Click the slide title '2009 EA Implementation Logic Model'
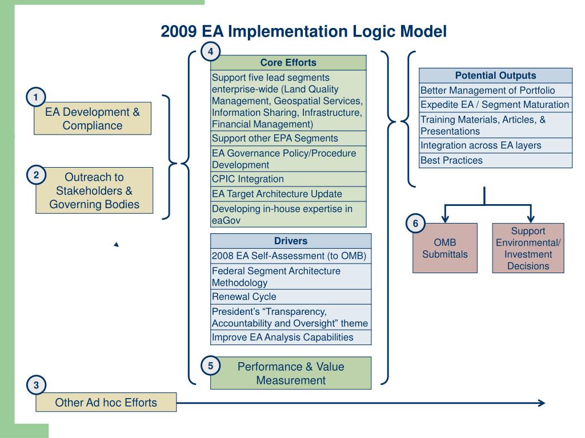303,31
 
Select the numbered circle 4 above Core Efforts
211,52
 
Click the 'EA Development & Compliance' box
93,119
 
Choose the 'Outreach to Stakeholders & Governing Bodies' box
94,190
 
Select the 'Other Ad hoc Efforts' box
106,403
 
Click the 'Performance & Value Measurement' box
291,373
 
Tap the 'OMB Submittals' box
445,249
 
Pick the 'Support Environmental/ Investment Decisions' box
528,248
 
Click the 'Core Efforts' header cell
288,63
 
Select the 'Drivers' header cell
291,241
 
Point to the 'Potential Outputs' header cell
495,75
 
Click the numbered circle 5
210,366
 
